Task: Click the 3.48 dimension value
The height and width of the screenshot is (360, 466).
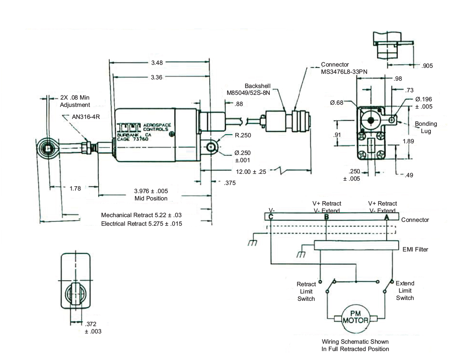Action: pyautogui.click(x=157, y=63)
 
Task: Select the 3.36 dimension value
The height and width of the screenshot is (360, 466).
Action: pyautogui.click(x=157, y=77)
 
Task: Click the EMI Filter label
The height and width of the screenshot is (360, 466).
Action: pyautogui.click(x=415, y=249)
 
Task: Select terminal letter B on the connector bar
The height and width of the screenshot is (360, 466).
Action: pyautogui.click(x=327, y=217)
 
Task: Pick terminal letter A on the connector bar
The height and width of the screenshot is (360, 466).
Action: pyautogui.click(x=387, y=217)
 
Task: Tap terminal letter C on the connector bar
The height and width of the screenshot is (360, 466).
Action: pyautogui.click(x=271, y=217)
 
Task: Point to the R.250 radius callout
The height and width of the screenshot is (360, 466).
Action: pyautogui.click(x=243, y=135)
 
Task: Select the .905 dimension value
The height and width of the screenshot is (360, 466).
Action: pyautogui.click(x=427, y=66)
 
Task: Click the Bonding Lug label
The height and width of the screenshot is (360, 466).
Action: pyautogui.click(x=426, y=127)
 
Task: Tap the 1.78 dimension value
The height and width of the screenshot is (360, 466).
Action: pyautogui.click(x=75, y=188)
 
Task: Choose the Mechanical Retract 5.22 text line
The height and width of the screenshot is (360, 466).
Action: pyautogui.click(x=141, y=215)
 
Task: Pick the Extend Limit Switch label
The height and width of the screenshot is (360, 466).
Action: pyautogui.click(x=405, y=290)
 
